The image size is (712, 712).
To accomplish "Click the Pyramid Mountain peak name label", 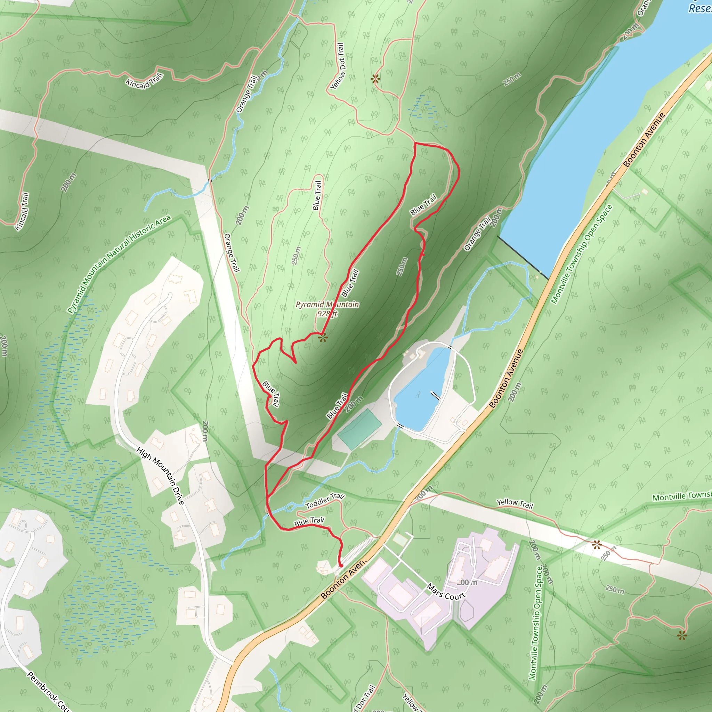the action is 327,305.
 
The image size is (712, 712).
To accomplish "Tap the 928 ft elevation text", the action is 327,314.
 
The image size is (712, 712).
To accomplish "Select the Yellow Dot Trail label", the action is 338,66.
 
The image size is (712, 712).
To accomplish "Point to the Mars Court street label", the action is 446,591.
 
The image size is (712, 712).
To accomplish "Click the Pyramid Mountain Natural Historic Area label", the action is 119,264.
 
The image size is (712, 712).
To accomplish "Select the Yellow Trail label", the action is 515,503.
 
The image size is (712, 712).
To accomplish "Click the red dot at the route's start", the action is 341,565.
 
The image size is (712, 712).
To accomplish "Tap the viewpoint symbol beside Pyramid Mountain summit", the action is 323,338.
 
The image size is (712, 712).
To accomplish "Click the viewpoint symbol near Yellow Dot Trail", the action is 375,79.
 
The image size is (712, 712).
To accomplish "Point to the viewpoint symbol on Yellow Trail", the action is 597,544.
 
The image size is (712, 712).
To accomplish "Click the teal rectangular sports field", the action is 359,429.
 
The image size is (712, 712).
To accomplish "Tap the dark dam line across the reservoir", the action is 523,257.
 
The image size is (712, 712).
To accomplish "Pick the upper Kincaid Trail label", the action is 144,81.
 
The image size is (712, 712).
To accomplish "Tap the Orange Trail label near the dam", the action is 477,234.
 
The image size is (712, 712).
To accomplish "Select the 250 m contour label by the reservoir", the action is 512,80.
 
